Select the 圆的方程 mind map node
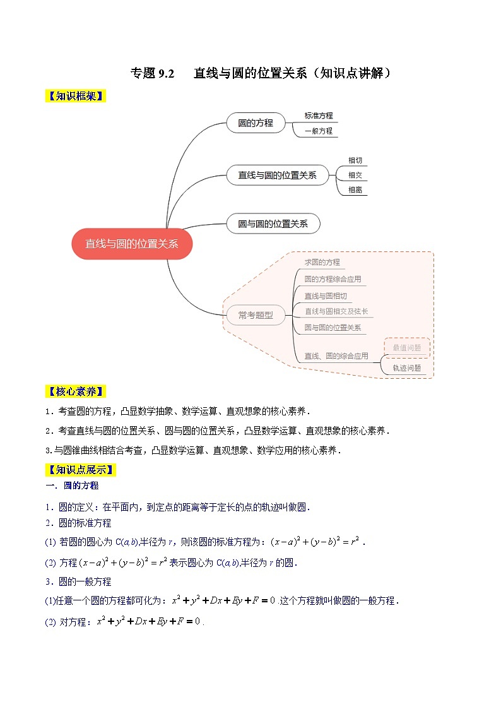(256, 123)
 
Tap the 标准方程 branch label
(318, 116)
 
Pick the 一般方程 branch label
(318, 131)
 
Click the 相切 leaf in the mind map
(355, 160)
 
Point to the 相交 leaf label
(355, 175)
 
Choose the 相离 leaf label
(355, 189)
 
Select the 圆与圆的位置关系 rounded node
(273, 223)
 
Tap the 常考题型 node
(256, 315)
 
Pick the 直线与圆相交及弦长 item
(336, 311)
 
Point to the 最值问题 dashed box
(406, 347)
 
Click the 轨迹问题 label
(406, 368)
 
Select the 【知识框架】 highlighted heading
(75, 96)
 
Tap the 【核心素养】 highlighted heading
(75, 391)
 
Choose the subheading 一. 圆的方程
(72, 486)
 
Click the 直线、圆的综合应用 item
(336, 356)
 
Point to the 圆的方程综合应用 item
(333, 279)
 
